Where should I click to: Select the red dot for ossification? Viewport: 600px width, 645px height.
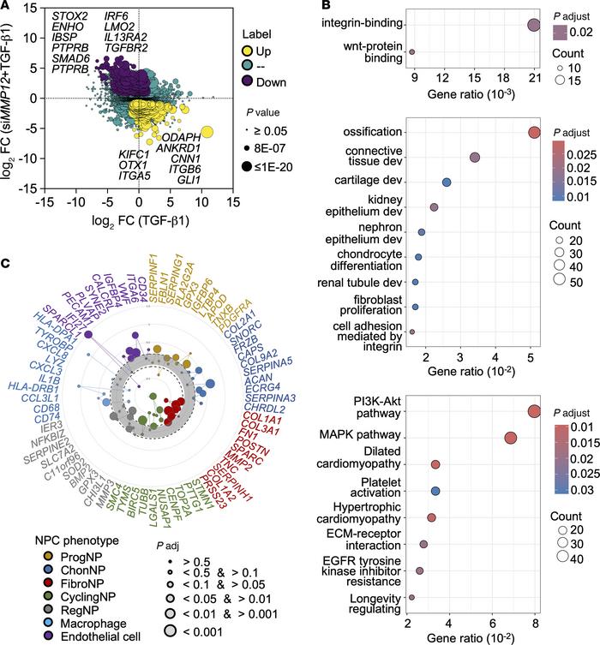(x=534, y=132)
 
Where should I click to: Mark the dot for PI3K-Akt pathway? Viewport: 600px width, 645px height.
(x=535, y=412)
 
